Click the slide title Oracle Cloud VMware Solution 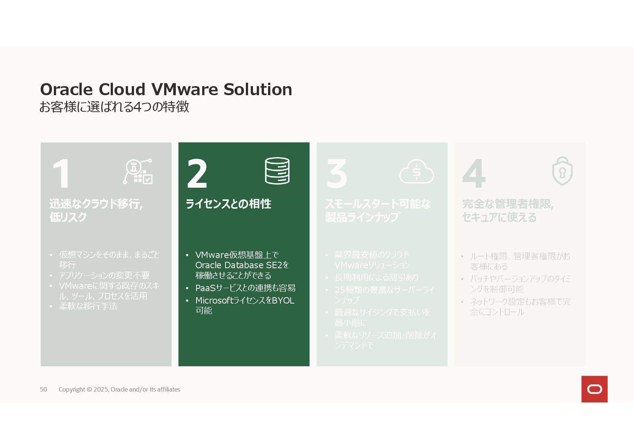click(166, 90)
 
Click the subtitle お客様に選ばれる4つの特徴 click(114, 107)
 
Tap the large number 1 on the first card click(61, 173)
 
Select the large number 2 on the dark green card click(197, 173)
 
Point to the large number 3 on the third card click(337, 173)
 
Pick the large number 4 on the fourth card click(474, 173)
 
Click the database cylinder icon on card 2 click(277, 171)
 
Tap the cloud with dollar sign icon click(416, 172)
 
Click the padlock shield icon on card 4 click(562, 171)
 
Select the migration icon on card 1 click(138, 172)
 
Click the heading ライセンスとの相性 click(228, 204)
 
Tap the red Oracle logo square click(594, 389)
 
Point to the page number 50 click(43, 389)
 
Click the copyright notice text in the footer click(119, 389)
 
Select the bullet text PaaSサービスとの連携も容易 click(245, 288)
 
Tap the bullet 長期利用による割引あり click(376, 278)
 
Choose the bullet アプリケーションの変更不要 click(104, 275)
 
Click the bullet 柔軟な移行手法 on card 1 click(88, 306)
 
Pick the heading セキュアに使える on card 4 click(499, 217)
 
